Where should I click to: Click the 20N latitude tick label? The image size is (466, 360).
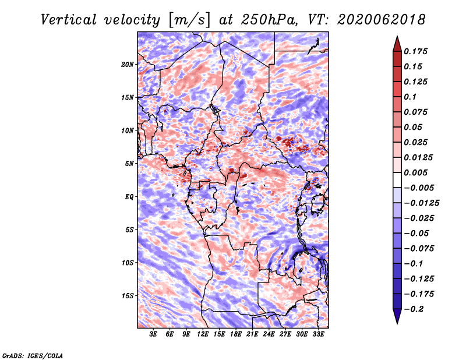pos(128,65)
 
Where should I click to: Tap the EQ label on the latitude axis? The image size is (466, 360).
pos(129,197)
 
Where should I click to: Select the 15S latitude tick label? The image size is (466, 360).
pos(128,296)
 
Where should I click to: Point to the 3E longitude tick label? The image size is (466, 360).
pos(153,334)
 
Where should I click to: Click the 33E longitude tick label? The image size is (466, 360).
pos(318,334)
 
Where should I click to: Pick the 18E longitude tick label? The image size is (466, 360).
pos(236,334)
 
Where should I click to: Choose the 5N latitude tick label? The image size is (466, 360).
pos(129,164)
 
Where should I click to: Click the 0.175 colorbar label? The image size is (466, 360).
pos(415,51)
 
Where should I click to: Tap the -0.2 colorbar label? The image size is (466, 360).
pos(414,309)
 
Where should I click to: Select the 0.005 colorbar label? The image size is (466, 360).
pos(415,172)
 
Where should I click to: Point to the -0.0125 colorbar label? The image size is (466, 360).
pos(421,203)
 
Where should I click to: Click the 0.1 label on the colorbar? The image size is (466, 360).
pos(410,97)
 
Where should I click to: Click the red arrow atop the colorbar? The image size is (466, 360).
pos(397,44)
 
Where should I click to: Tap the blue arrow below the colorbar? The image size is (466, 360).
pos(397,316)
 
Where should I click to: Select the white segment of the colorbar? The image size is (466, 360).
pos(397,180)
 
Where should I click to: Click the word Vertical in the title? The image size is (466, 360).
pos(69,20)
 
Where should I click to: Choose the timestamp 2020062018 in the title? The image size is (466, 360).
pos(382,20)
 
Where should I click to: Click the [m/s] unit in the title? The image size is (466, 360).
pos(189,20)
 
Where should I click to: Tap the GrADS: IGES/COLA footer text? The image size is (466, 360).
pos(33,355)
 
